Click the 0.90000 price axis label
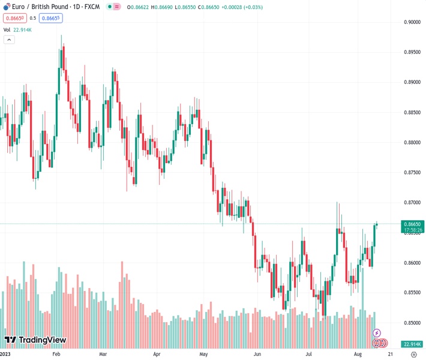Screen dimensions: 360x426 [412, 22]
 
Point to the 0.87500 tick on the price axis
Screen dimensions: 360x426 [412, 173]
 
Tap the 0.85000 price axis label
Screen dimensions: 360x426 [412, 323]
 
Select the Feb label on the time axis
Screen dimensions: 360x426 [56, 354]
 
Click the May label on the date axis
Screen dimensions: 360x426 [203, 354]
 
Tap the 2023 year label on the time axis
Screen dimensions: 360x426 [7, 354]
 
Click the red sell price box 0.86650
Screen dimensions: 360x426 [15, 18]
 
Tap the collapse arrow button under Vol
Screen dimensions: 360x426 [9, 40]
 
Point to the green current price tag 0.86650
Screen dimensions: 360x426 [413, 223]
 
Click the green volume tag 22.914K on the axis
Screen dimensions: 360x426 [413, 344]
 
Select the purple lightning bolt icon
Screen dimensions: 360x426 [377, 333]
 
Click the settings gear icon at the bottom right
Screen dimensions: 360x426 [413, 354]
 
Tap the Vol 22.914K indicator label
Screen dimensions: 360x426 [18, 29]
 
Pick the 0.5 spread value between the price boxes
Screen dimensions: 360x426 [33, 18]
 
